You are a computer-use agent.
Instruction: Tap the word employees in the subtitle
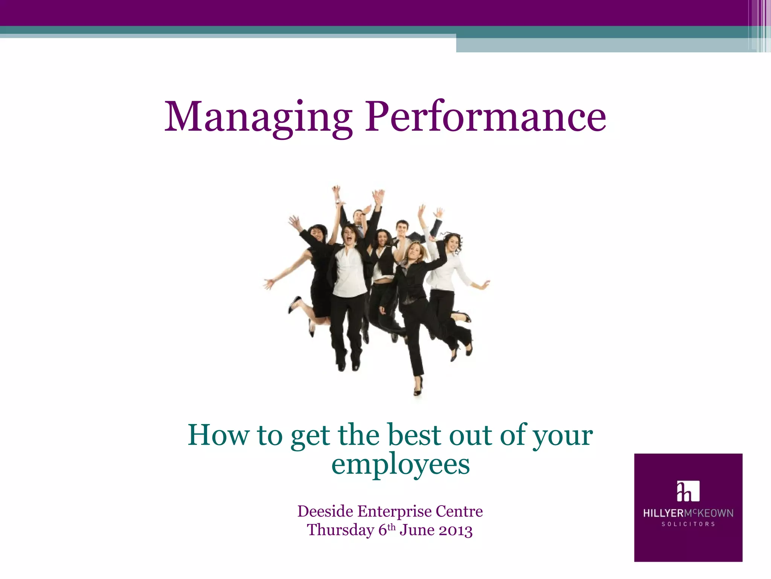click(401, 464)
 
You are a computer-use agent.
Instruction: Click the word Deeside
click(325, 512)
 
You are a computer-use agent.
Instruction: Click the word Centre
click(459, 512)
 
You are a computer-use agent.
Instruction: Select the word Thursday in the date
click(340, 530)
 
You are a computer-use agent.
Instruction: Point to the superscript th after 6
click(392, 526)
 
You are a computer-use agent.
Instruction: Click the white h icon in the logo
click(688, 491)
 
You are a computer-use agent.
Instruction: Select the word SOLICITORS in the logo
click(688, 524)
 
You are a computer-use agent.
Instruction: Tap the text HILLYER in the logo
click(663, 513)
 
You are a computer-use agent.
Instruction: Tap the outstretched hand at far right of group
click(485, 285)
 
